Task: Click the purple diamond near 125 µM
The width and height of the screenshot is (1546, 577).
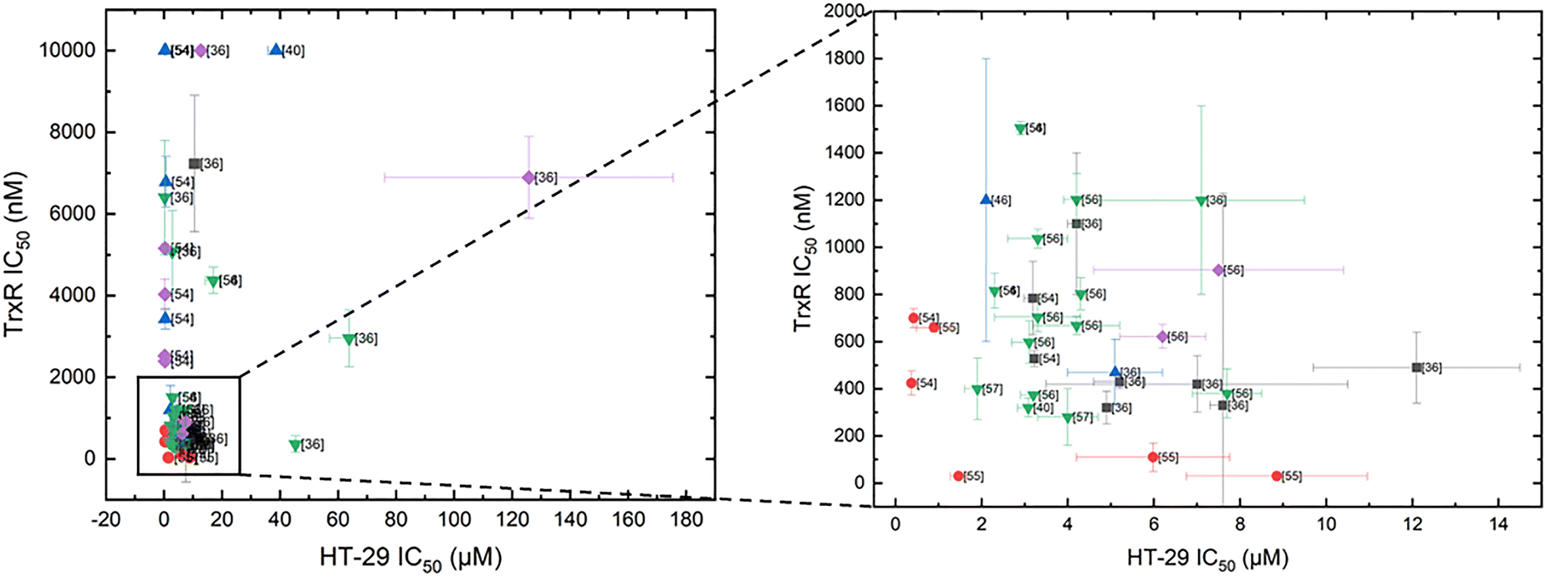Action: (528, 177)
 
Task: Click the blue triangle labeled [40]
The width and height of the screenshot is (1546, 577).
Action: (276, 50)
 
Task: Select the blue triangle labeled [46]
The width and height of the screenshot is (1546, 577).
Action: (986, 200)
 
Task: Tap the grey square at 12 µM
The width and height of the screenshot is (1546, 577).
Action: (1416, 367)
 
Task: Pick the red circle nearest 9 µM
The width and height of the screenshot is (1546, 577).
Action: (1276, 476)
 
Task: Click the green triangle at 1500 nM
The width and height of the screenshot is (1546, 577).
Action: (1020, 129)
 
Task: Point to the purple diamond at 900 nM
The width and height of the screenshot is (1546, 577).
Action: (1218, 270)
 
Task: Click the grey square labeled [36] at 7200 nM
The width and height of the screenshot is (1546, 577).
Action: (194, 164)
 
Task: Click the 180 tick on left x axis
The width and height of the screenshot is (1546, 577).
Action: (686, 519)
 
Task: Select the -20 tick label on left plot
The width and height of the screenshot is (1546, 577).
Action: (105, 519)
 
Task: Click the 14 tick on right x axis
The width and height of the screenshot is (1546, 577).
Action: (1498, 525)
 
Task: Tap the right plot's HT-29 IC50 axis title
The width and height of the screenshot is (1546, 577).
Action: (1207, 558)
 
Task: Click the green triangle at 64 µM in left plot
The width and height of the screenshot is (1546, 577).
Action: (349, 339)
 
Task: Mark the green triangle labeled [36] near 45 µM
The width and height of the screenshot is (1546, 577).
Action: (294, 445)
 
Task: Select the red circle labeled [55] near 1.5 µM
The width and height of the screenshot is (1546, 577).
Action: (958, 476)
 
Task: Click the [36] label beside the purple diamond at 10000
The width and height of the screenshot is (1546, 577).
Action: (217, 51)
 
